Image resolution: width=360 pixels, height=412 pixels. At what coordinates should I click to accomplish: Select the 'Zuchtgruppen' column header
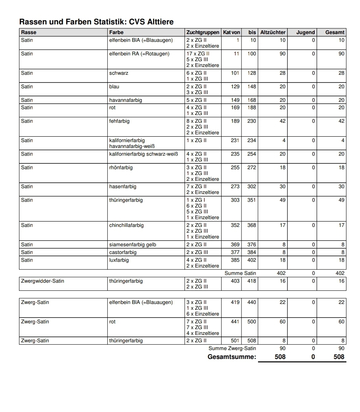(203, 33)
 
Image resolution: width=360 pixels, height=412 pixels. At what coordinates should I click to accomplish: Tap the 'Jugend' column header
(305, 33)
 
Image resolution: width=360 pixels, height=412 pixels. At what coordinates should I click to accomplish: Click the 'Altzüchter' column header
(273, 33)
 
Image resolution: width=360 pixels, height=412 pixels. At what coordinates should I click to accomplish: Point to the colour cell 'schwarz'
(119, 73)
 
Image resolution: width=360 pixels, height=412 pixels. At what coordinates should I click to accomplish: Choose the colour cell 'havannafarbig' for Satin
(126, 100)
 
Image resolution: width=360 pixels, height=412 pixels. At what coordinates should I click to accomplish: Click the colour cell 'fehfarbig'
(119, 121)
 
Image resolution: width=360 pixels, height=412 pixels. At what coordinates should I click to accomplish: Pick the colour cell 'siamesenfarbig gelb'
(133, 245)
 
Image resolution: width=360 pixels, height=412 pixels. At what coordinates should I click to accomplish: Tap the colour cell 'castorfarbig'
(123, 252)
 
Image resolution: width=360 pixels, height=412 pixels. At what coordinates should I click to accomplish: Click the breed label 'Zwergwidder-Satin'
(43, 281)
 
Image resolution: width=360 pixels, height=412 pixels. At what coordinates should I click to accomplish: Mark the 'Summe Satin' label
(240, 273)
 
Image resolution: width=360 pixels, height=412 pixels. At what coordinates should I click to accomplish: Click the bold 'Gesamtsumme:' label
(232, 357)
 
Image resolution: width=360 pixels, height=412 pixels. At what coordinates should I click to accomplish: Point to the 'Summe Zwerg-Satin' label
(232, 348)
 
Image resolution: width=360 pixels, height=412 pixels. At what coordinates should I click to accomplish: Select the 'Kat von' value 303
(235, 200)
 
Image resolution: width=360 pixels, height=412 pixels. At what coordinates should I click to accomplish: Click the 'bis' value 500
(252, 322)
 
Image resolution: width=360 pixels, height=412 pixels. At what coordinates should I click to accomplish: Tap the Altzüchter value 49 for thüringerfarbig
(282, 200)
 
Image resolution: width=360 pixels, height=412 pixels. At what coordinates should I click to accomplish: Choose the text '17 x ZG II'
(198, 54)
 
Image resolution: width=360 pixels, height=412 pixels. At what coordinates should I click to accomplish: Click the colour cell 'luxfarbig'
(119, 260)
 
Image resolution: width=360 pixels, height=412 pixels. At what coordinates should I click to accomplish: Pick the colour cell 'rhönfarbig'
(121, 168)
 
